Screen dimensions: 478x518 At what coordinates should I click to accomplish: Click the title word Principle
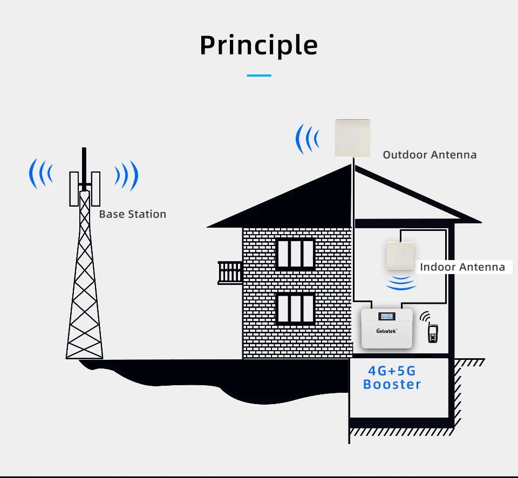258,46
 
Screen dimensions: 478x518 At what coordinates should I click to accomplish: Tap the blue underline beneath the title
258,76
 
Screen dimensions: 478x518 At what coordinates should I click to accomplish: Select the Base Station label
132,214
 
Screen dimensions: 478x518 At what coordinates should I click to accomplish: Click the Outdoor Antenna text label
430,155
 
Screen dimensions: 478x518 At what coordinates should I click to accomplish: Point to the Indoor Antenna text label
462,267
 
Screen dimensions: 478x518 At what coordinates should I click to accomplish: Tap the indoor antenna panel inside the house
401,257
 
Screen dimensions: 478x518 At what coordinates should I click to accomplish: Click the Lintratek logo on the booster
386,331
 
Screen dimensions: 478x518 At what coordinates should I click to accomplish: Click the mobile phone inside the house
432,333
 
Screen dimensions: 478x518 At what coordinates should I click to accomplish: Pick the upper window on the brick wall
295,254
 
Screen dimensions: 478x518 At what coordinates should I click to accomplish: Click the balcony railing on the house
230,272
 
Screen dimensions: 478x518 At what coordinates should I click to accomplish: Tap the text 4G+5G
392,371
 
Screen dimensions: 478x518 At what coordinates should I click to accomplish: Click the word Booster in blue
392,385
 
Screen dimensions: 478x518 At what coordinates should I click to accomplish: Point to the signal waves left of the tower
41,174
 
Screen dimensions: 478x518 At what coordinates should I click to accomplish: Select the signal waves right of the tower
126,175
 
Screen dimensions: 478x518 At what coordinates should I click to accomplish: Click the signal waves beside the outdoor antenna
306,139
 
